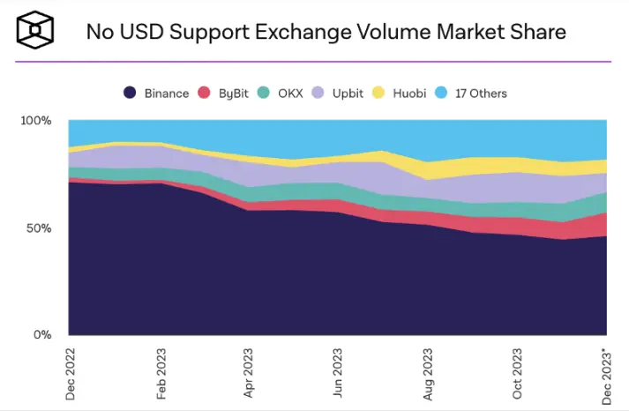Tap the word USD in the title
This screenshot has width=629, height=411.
coord(141,33)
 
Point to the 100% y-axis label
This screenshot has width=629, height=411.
coord(36,120)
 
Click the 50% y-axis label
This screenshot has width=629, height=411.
coord(40,228)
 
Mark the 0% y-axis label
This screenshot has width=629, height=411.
coord(43,335)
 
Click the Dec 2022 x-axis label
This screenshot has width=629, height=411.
coord(71,373)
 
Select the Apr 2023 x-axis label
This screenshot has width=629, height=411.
coord(250,373)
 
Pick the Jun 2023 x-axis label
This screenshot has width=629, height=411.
coord(339,373)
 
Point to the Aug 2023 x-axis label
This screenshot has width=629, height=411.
coord(429,373)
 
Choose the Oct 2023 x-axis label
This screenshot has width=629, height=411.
coord(518,373)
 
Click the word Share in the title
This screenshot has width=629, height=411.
coord(531,33)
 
